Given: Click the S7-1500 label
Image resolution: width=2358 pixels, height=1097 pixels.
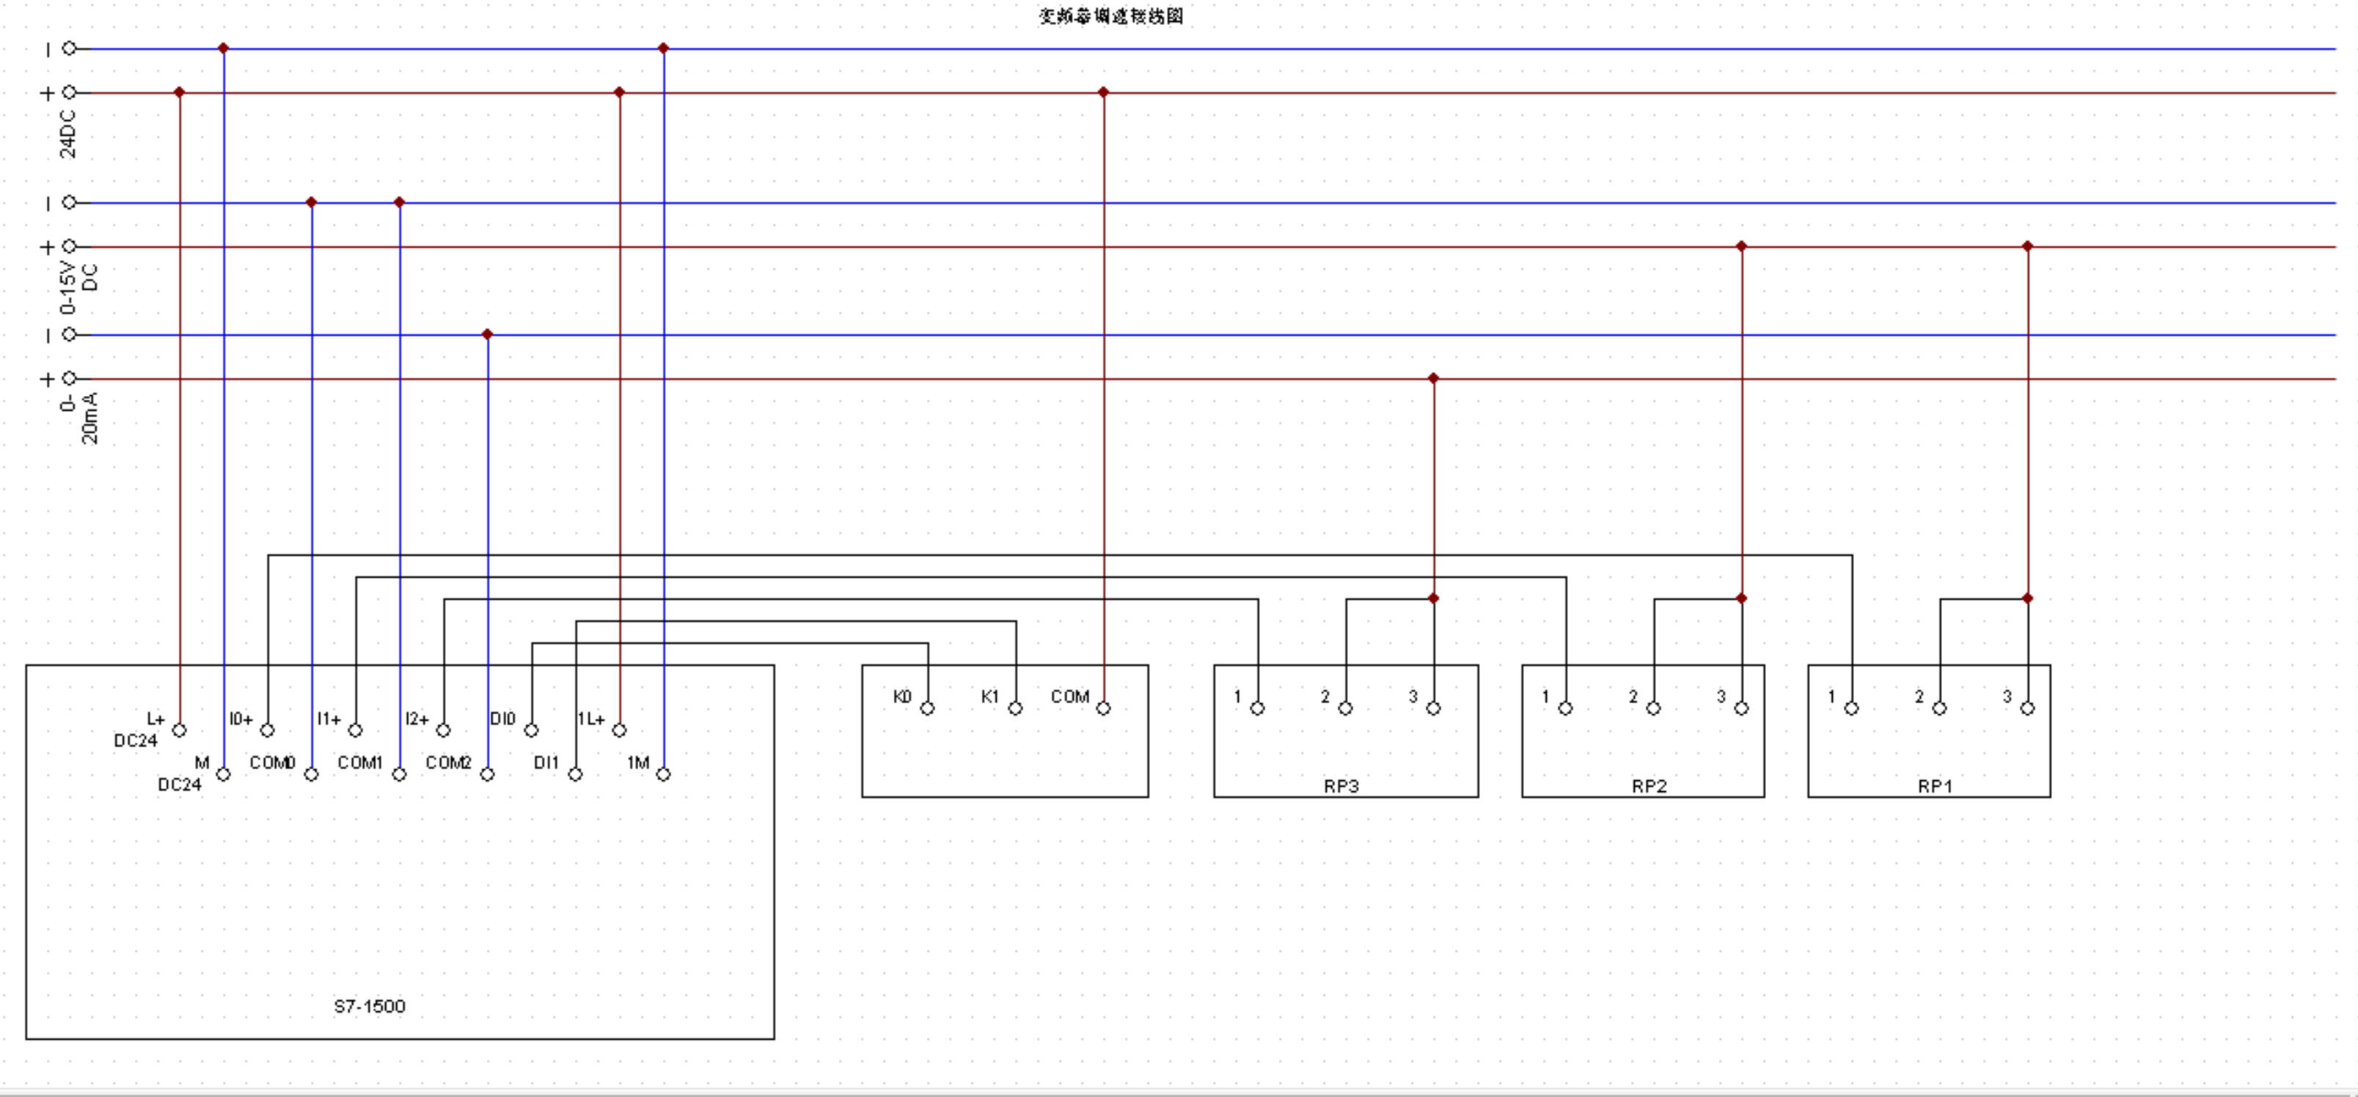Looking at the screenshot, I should click(x=369, y=1006).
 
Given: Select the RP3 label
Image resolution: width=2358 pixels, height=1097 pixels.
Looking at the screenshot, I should click(x=1341, y=786).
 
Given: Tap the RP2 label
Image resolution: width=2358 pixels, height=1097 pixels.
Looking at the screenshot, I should click(x=1649, y=786).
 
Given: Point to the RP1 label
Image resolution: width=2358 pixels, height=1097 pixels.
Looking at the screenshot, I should click(x=1935, y=786).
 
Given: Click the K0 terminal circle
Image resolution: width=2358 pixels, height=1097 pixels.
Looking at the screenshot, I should click(x=927, y=708).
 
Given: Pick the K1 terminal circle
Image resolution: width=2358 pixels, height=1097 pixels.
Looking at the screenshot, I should click(x=1015, y=708).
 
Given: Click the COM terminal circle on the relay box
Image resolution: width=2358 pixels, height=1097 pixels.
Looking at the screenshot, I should click(x=1103, y=708).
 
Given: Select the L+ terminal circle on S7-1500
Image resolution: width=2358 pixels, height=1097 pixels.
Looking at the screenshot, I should click(x=180, y=730).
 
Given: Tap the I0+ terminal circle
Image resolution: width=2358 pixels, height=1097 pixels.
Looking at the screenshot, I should click(x=267, y=730).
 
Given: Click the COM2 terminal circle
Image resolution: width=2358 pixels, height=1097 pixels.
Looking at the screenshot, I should click(x=487, y=774).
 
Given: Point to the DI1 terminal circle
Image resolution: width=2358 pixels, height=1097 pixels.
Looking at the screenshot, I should click(x=575, y=774).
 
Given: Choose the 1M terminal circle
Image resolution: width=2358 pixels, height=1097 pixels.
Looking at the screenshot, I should click(x=664, y=774).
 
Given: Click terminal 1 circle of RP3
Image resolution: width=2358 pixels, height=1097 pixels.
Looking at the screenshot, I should click(x=1257, y=708).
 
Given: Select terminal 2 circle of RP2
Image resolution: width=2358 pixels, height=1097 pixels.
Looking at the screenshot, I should click(x=1653, y=708).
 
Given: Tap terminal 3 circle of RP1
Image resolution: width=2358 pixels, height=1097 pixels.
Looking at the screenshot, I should click(x=2027, y=708).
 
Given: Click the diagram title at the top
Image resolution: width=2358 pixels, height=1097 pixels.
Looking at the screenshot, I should click(x=1110, y=15).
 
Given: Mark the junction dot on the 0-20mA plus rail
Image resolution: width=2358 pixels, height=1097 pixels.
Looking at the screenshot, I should click(x=1433, y=378).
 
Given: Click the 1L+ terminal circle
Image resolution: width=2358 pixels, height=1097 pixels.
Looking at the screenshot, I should click(x=620, y=730).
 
